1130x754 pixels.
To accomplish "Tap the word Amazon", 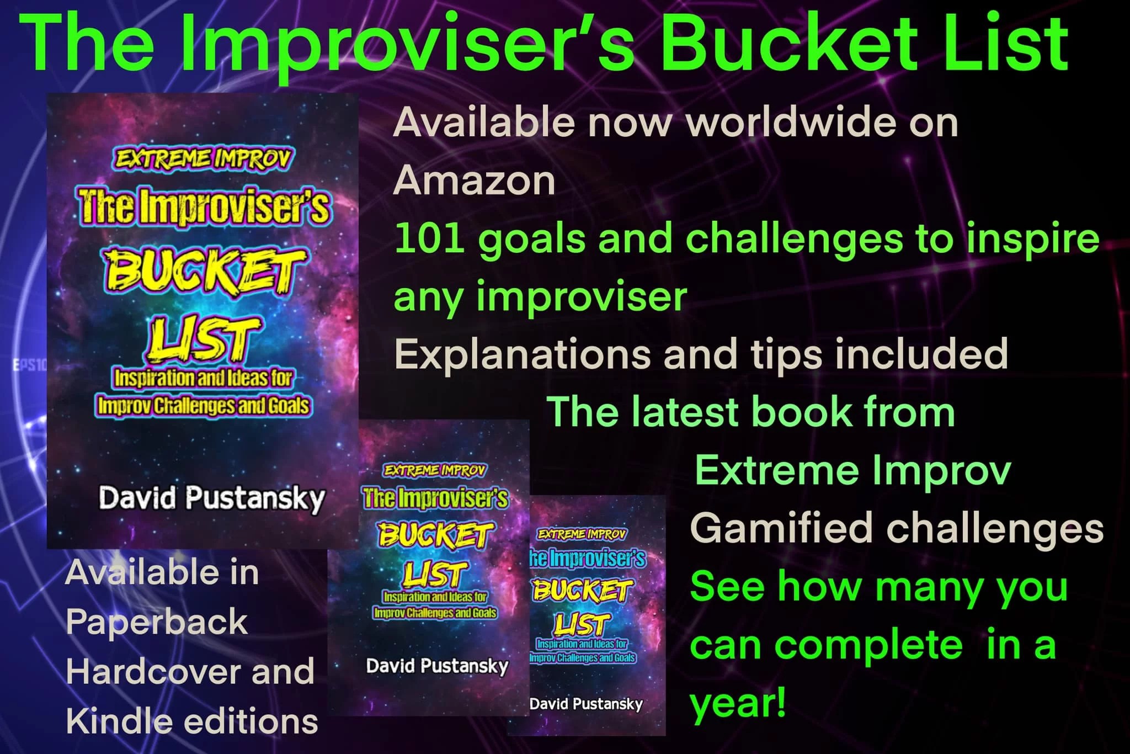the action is pyautogui.click(x=475, y=180).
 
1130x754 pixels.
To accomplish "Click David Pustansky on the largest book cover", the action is pyautogui.click(x=211, y=499).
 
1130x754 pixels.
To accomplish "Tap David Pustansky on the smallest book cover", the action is pyautogui.click(x=586, y=704).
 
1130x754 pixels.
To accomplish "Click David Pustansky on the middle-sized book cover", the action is pyautogui.click(x=437, y=667).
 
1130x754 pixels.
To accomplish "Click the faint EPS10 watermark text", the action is pyautogui.click(x=30, y=365).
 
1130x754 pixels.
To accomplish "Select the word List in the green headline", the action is pyautogui.click(x=993, y=44).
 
